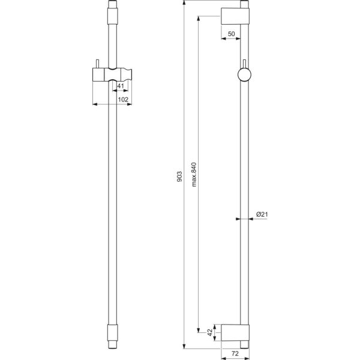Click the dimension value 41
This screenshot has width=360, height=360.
[121, 86]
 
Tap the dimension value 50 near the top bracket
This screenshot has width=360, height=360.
[232, 35]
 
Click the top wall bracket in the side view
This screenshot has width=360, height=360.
[234, 16]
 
